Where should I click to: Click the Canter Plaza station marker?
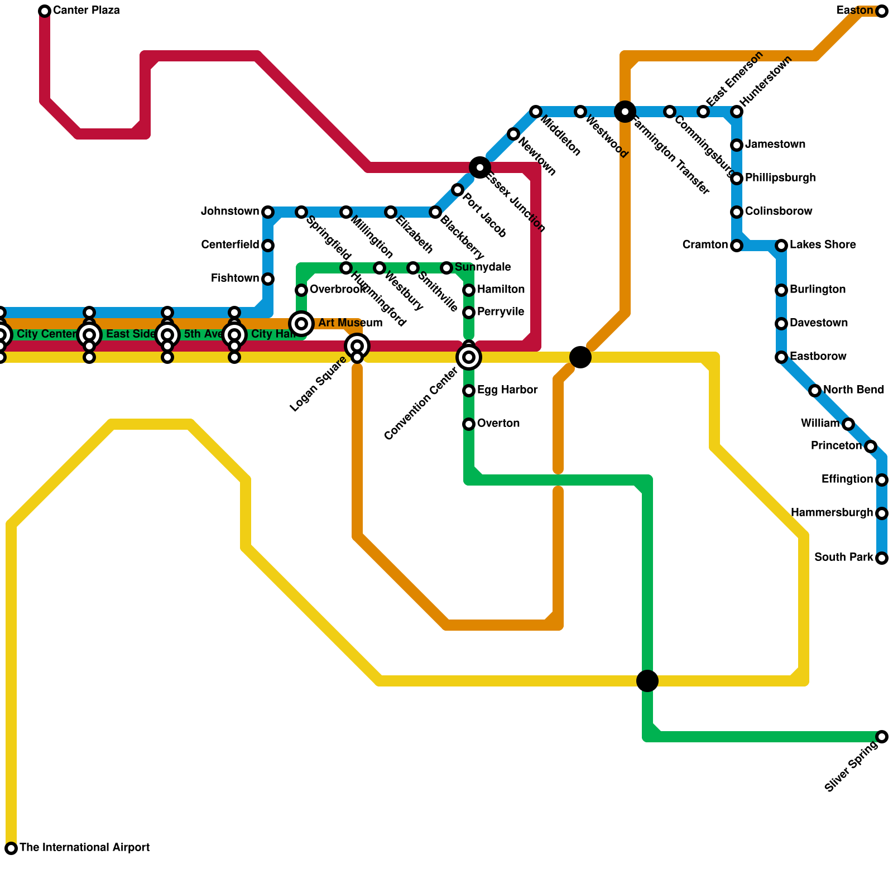pos(45,11)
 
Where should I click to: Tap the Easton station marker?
pos(882,11)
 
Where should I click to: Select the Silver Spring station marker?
pos(882,737)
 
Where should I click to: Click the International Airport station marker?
pos(11,848)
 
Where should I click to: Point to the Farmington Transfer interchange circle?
pos(625,112)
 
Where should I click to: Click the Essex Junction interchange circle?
pos(480,167)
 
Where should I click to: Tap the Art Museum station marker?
pos(301,324)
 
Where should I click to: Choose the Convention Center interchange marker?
pos(469,357)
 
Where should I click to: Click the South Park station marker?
pos(882,558)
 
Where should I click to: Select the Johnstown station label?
pos(230,212)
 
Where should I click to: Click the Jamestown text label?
pos(775,145)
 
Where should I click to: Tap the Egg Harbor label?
pos(507,390)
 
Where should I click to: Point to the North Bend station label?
pos(853,390)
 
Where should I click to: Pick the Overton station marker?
pos(469,424)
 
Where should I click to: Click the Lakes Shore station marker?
pos(781,246)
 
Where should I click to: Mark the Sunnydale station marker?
pos(446,268)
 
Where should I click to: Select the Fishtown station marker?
pos(268,279)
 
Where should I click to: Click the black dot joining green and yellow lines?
pos(647,681)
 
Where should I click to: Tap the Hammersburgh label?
pos(832,513)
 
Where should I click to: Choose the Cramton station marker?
pos(737,246)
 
